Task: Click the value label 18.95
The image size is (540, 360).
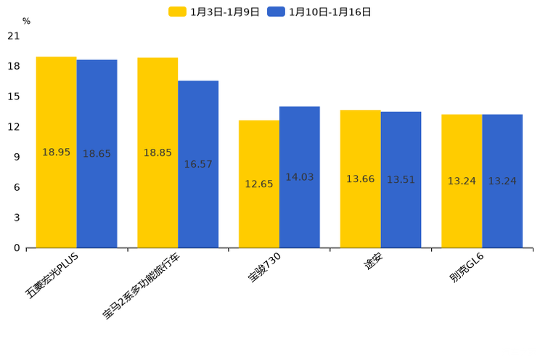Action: point(56,152)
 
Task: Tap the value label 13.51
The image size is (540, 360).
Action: point(401,180)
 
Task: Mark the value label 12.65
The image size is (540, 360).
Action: point(258,184)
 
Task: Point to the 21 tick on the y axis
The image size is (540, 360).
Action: point(13,36)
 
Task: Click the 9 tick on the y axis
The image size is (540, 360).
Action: point(16,157)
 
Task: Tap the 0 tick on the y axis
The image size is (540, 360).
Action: point(16,248)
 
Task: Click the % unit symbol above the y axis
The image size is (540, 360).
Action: point(26,22)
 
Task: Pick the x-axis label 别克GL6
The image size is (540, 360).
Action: point(467,269)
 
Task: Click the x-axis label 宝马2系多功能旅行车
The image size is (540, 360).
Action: point(142,287)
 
